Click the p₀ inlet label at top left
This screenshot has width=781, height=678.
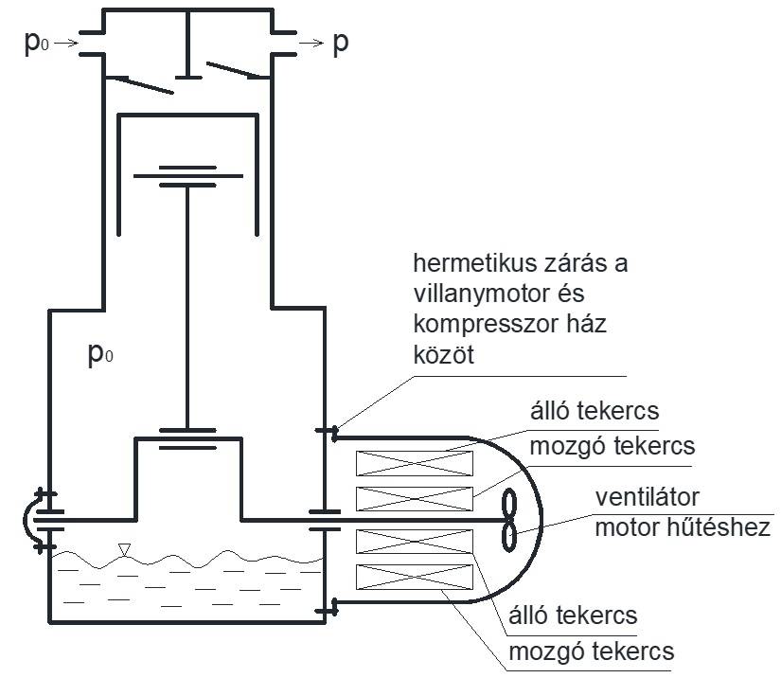[36, 45]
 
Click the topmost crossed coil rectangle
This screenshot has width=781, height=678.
[414, 463]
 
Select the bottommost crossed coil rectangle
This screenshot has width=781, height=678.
[414, 579]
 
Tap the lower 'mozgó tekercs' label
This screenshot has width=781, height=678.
[591, 651]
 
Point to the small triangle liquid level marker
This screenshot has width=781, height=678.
[124, 549]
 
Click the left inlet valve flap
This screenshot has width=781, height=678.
[141, 84]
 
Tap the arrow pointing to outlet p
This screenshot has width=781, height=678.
[310, 44]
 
